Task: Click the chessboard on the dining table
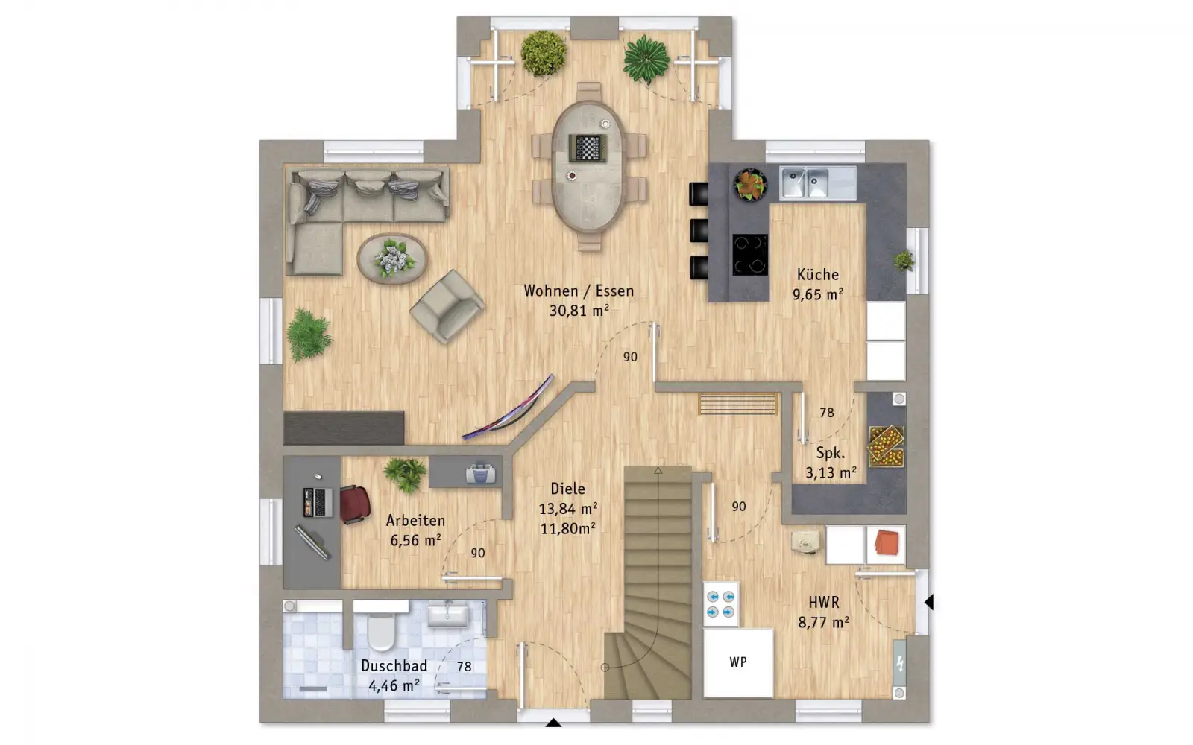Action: [588, 148]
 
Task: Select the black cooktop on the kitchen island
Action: [750, 254]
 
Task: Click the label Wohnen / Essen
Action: [579, 291]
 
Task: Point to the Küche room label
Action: [817, 275]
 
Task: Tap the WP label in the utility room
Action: [737, 662]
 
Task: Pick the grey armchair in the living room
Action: [447, 306]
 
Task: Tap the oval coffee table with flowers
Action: [392, 259]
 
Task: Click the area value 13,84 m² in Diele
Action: [567, 509]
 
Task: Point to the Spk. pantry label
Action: [831, 454]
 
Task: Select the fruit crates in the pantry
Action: [886, 446]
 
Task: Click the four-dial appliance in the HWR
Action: [720, 605]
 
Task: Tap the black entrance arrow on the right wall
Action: [929, 603]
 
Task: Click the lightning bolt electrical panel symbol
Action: [899, 664]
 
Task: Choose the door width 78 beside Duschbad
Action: [464, 666]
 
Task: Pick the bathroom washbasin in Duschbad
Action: [448, 615]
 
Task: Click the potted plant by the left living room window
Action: [309, 335]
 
